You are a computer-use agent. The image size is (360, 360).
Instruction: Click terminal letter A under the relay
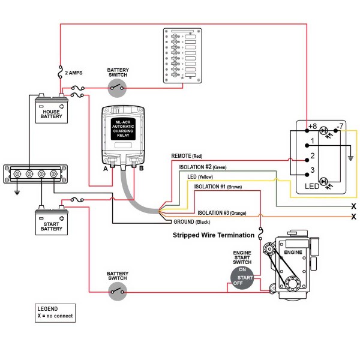(x=106, y=169)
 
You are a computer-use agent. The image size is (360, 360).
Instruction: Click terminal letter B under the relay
(x=142, y=169)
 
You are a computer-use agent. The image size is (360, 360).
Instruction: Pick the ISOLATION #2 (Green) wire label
(x=203, y=167)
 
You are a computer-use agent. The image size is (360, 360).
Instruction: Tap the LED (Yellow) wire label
(x=200, y=178)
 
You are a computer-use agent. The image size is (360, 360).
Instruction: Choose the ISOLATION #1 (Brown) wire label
(x=219, y=188)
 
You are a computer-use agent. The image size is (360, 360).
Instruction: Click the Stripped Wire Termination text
(x=213, y=235)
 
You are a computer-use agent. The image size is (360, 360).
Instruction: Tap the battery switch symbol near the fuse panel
(x=118, y=89)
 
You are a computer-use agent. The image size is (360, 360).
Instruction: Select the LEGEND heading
(x=47, y=308)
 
